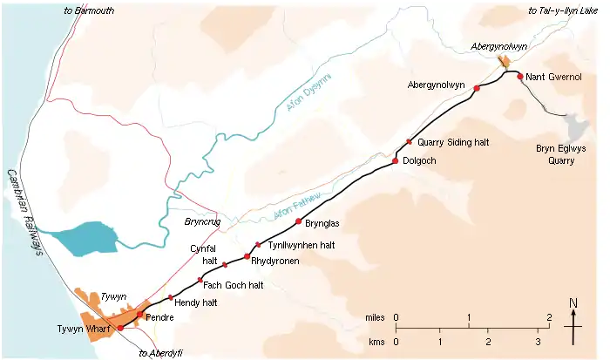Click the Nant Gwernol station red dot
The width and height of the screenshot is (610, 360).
pos(520,77)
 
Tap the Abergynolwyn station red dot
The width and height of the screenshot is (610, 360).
pos(477,88)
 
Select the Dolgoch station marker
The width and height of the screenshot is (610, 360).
pos(396,160)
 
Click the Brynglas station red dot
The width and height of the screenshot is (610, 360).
pos(299,221)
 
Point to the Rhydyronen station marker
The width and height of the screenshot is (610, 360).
pos(247,256)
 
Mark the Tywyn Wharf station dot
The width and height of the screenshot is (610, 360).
pos(120,328)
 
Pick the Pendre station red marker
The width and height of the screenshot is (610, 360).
pos(139,314)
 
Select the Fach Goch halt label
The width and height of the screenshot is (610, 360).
pos(233,285)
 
